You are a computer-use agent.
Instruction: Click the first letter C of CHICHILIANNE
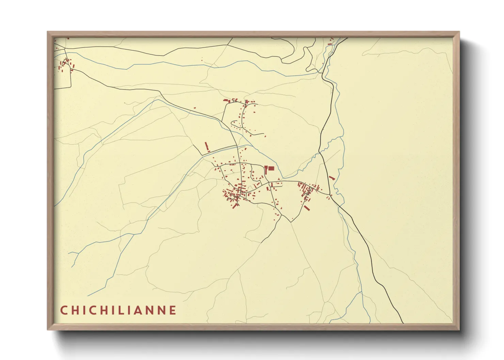[x=64, y=310]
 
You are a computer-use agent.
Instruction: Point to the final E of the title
[x=173, y=310]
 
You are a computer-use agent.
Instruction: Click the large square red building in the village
[x=271, y=168]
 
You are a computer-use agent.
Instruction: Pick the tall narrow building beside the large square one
[x=266, y=169]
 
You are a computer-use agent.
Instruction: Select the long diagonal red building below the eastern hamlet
[x=306, y=208]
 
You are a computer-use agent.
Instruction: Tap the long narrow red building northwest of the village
[x=206, y=147]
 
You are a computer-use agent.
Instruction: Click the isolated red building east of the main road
[x=332, y=178]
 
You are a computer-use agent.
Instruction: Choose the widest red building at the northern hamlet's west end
[x=225, y=100]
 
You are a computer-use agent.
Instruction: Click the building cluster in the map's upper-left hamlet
[x=65, y=65]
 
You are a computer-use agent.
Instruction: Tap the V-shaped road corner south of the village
[x=291, y=222]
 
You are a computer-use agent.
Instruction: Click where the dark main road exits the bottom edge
[x=403, y=323]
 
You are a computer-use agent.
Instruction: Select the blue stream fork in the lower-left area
[x=79, y=253]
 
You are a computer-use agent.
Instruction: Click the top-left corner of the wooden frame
[x=48, y=32]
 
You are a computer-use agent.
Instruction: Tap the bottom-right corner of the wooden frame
[x=459, y=329]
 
